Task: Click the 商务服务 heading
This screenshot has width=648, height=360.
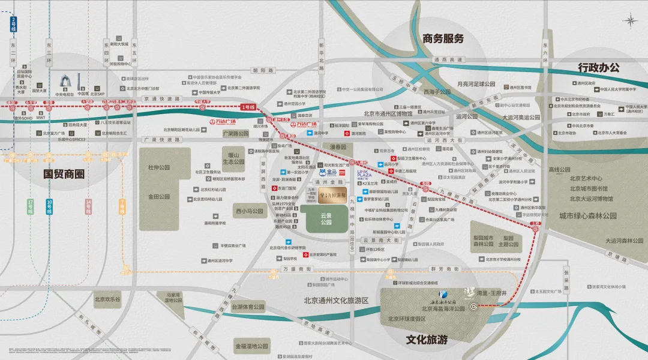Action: (443, 39)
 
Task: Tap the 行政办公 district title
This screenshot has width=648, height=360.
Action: (598, 67)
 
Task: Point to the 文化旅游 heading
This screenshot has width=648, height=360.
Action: (427, 340)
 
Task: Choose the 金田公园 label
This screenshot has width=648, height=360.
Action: (159, 196)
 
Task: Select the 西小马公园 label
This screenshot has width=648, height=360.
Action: (250, 211)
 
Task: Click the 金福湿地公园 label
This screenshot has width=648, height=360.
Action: (251, 346)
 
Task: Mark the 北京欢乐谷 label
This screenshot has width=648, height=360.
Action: (107, 299)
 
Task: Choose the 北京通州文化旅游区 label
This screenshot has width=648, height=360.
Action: (335, 301)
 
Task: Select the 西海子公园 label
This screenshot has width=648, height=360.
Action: (437, 92)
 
